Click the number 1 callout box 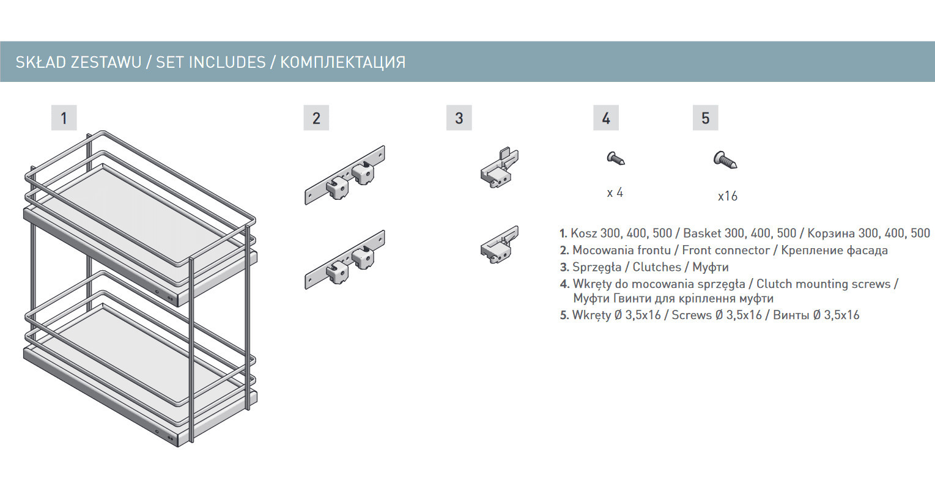64,117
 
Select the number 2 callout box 316,117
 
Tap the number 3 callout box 459,117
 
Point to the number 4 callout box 606,117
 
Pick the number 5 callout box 706,117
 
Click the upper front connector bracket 345,175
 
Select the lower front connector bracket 345,260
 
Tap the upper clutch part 500,168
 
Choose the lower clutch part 500,245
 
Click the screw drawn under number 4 615,158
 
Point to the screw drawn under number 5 725,160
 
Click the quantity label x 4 615,193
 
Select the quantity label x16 728,196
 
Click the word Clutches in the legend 657,267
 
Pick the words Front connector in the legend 726,251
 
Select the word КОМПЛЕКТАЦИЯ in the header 342,62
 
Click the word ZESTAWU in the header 106,62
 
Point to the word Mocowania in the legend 599,251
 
